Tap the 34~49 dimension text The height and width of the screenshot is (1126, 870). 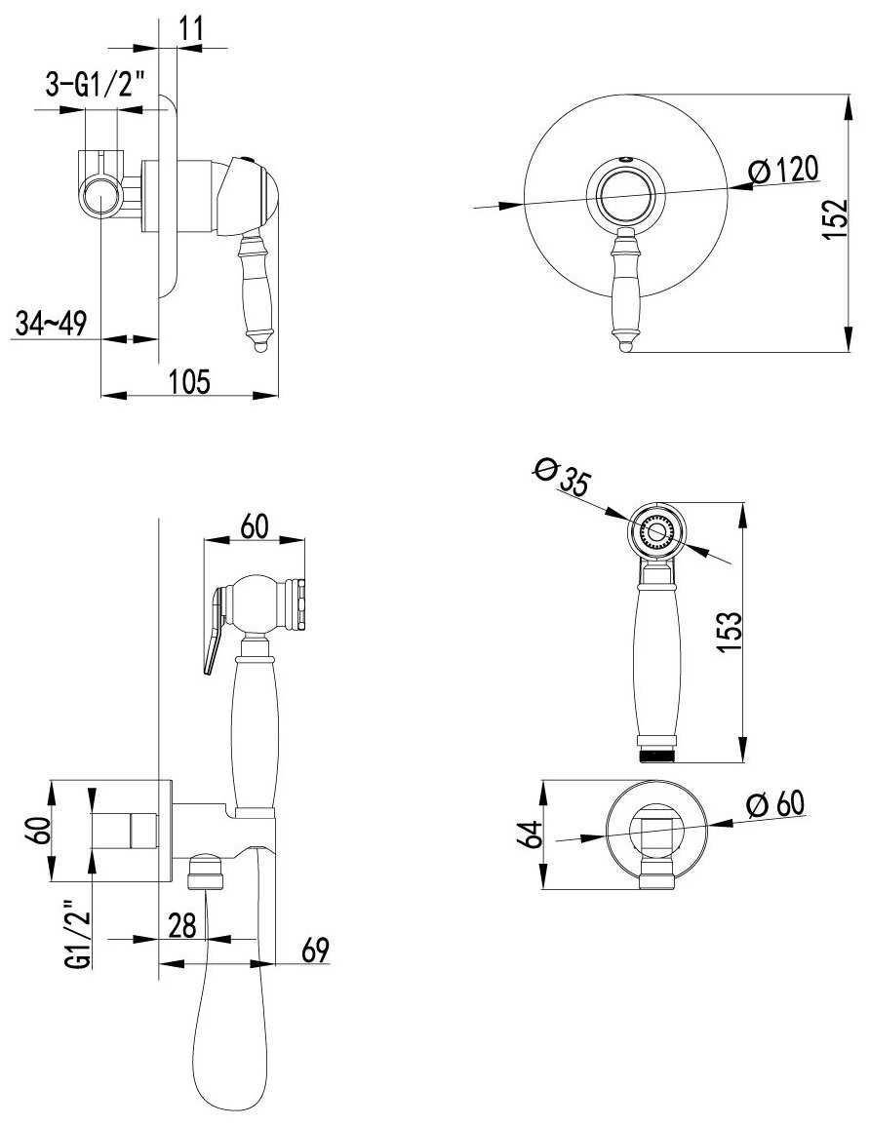[51, 325]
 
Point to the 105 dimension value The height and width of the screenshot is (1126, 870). [189, 380]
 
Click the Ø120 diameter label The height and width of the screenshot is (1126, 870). [782, 171]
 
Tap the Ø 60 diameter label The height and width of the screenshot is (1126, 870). [775, 803]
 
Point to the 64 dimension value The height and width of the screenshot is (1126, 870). [531, 835]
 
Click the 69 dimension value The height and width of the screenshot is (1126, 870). [315, 950]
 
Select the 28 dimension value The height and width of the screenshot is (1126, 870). [182, 925]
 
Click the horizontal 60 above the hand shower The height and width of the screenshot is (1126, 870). [255, 525]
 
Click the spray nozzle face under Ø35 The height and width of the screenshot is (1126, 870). [656, 532]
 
